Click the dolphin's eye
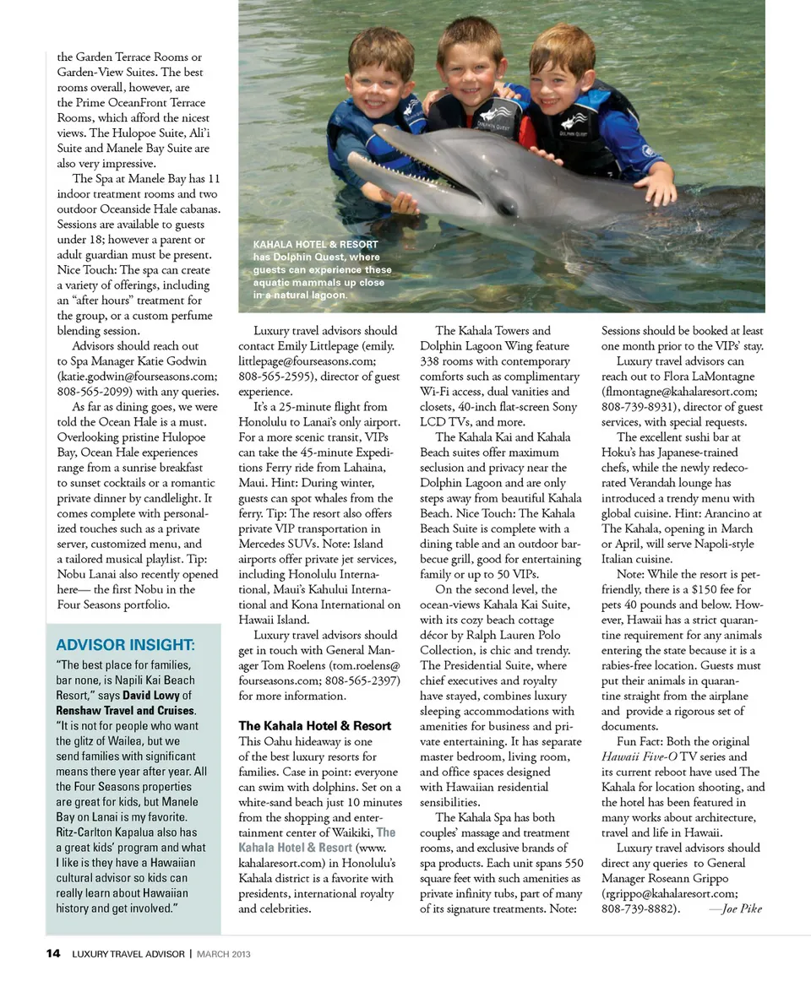click(x=506, y=205)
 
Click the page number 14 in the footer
click(x=53, y=954)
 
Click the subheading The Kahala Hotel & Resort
click(x=314, y=726)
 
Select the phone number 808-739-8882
click(x=640, y=909)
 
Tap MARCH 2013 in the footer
click(x=224, y=954)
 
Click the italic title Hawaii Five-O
click(x=641, y=756)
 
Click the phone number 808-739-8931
click(x=639, y=407)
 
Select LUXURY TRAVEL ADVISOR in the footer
click(x=128, y=954)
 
